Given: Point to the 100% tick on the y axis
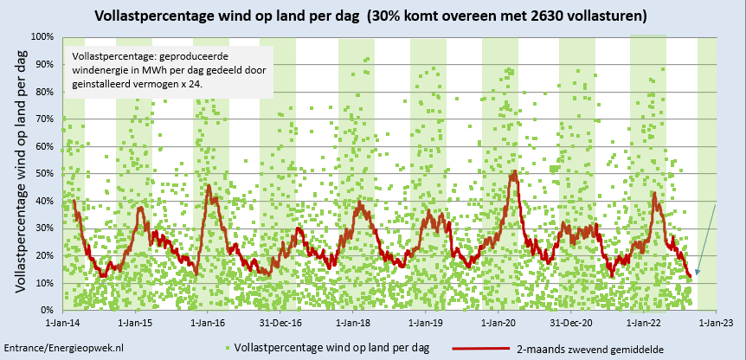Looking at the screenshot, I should point(43,37).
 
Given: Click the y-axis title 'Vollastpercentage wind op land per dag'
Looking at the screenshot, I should point(19,171).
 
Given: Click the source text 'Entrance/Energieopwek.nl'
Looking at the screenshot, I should point(64,346).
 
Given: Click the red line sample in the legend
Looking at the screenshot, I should point(479,347).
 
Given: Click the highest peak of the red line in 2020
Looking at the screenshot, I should point(514,172).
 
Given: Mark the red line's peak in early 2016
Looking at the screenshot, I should point(209,186).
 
